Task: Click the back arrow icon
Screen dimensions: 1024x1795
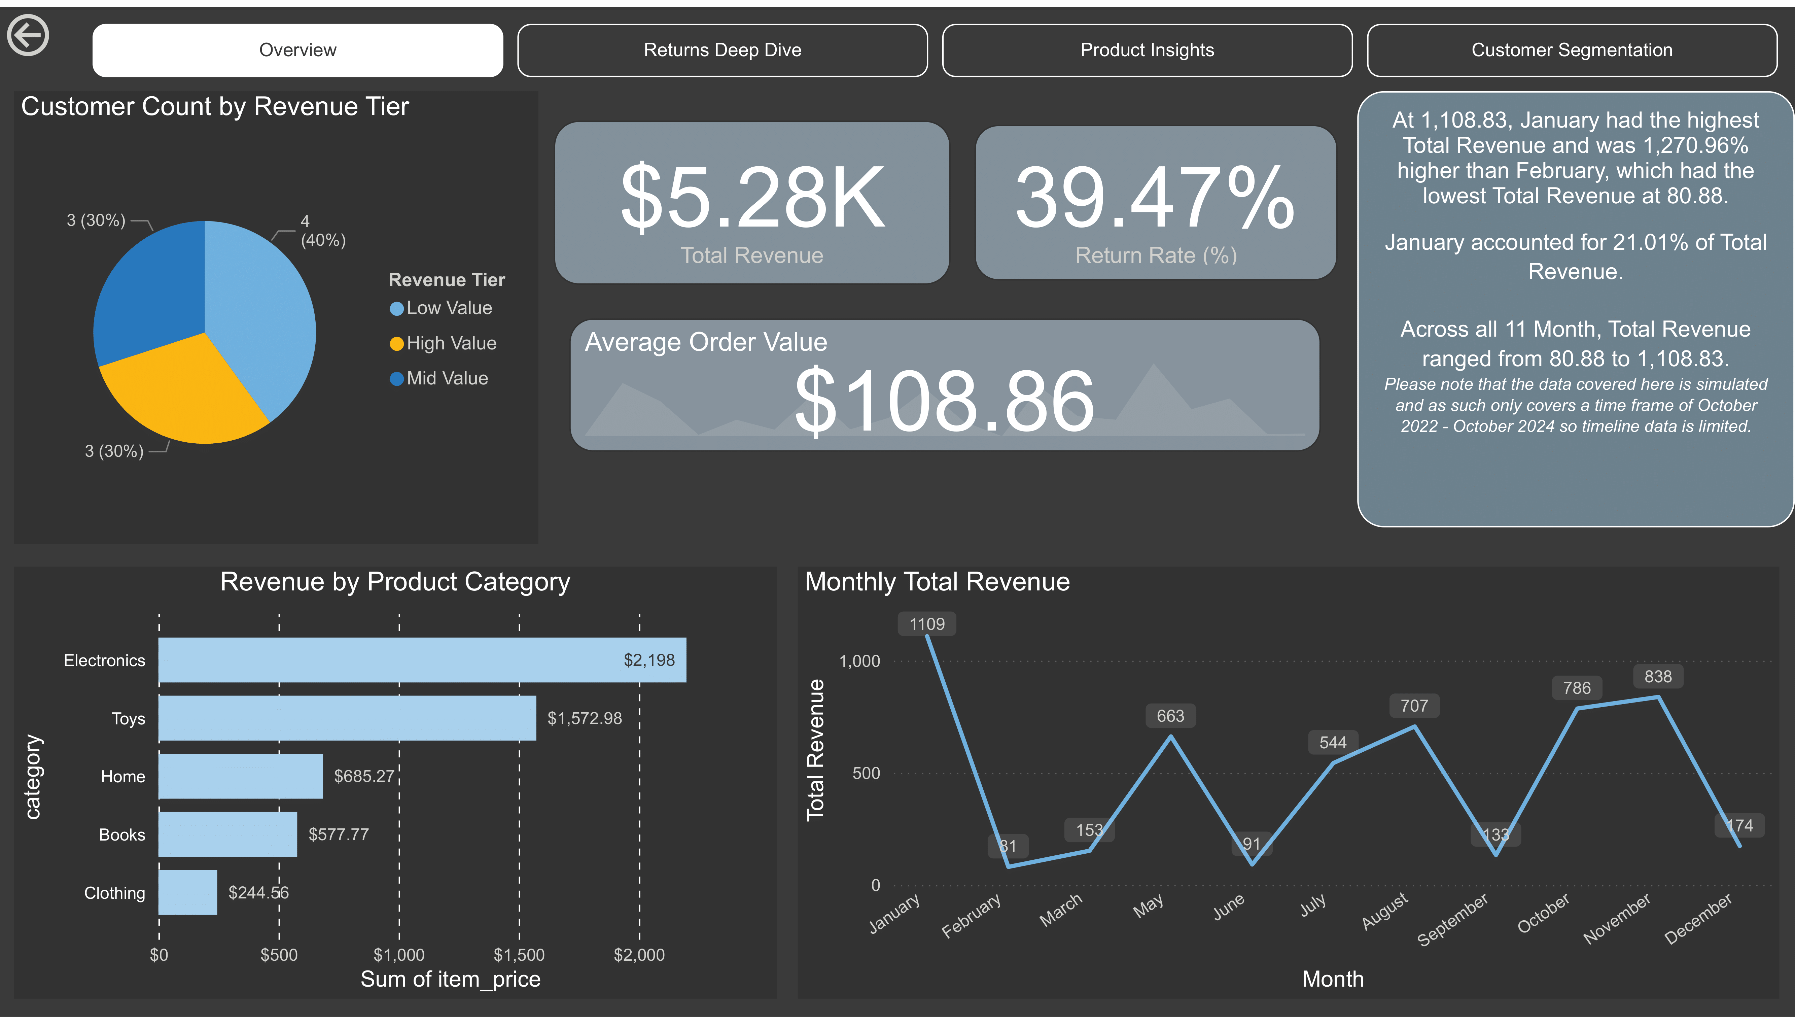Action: click(28, 35)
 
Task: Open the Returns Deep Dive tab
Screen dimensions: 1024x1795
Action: click(722, 50)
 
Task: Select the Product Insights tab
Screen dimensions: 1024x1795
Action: click(1147, 50)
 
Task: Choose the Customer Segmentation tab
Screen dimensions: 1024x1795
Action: click(1572, 50)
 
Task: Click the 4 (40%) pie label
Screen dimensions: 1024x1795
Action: click(322, 231)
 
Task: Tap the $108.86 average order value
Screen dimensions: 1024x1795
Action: click(944, 401)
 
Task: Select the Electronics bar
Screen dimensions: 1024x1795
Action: click(422, 660)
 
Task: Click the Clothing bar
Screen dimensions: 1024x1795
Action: click(188, 892)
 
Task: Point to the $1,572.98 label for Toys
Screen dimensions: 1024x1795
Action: click(584, 718)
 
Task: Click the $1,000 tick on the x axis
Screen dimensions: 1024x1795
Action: click(399, 954)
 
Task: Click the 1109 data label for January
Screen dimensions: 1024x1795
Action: click(927, 624)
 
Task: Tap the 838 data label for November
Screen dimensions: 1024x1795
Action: click(1657, 677)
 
